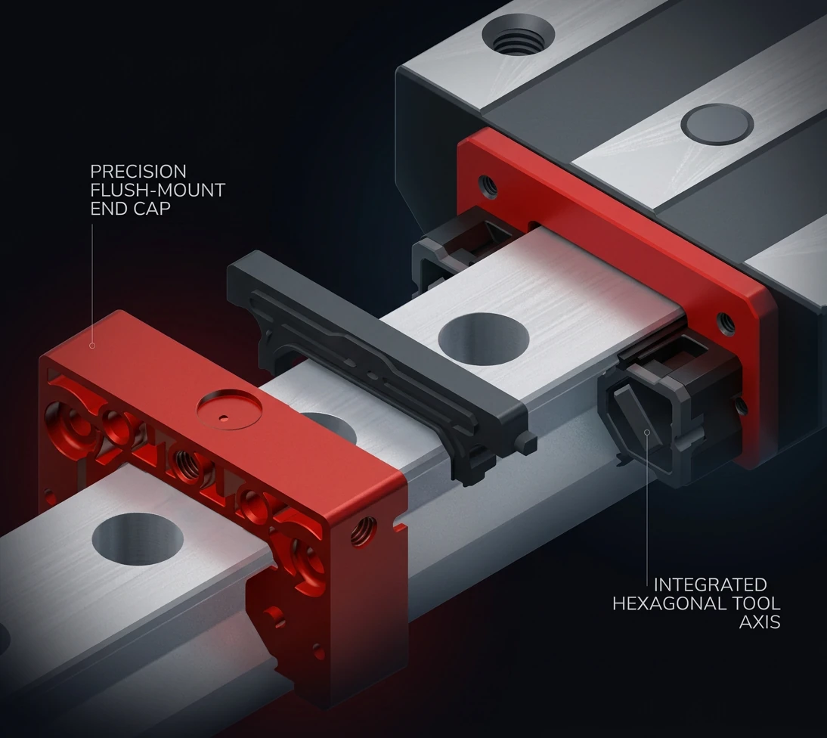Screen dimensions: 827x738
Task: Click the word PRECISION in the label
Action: [138, 172]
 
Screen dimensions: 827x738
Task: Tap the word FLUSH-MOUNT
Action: [158, 190]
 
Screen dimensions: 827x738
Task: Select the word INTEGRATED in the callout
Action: [710, 585]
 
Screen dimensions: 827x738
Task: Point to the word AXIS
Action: [760, 622]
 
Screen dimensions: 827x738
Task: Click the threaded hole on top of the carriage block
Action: [518, 34]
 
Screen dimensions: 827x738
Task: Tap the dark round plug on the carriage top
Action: [717, 124]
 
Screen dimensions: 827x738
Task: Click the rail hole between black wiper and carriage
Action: [483, 339]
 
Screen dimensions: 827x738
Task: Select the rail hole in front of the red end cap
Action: [138, 539]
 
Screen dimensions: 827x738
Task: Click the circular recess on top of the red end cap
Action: [230, 409]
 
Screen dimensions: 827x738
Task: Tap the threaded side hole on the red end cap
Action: [364, 532]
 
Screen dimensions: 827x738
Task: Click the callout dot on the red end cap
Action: [92, 346]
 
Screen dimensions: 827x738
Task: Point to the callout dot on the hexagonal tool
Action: [647, 432]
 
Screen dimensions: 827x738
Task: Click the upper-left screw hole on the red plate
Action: [488, 186]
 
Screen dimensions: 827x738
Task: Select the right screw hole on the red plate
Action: [726, 324]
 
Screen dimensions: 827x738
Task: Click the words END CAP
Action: [130, 209]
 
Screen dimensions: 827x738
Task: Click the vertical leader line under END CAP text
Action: [92, 283]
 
